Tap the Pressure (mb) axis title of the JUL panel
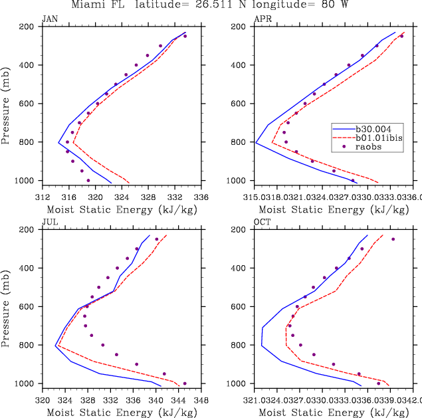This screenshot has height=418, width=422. click(7, 306)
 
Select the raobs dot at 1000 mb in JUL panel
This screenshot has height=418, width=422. click(185, 383)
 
